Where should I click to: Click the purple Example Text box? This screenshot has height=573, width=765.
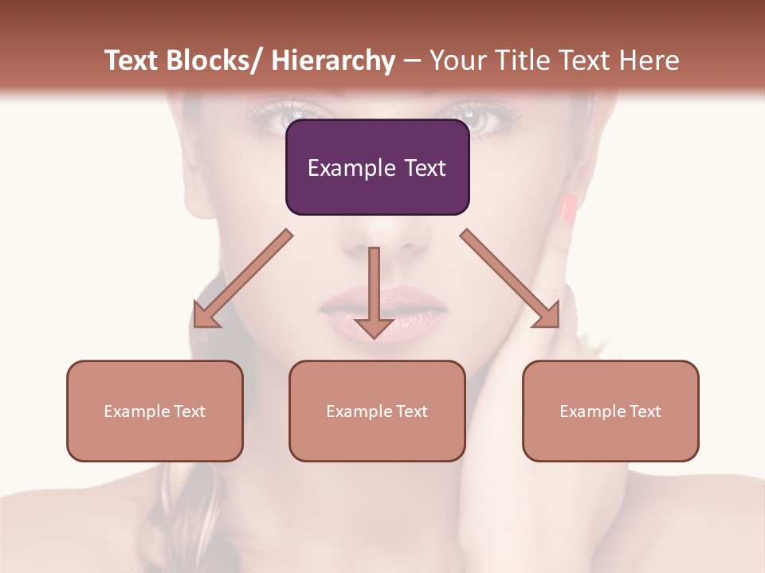[377, 167]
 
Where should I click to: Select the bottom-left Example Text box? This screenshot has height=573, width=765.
[155, 411]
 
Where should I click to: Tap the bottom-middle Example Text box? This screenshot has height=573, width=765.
[377, 411]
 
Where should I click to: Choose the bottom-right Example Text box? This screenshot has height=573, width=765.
[610, 411]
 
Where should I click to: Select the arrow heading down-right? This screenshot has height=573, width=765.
[510, 279]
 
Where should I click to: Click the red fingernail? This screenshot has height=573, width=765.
[568, 209]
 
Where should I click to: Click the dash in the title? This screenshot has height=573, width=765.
[412, 61]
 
